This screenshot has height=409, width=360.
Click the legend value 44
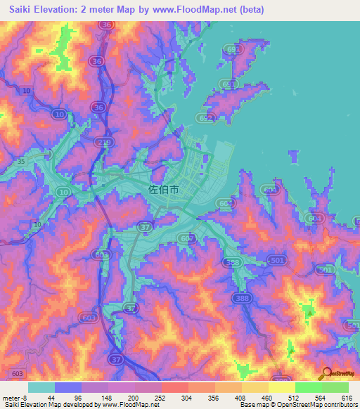point(51,397)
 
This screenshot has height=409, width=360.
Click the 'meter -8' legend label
point(14,397)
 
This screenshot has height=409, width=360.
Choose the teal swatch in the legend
point(41,387)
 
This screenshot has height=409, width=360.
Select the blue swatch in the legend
point(68,387)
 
